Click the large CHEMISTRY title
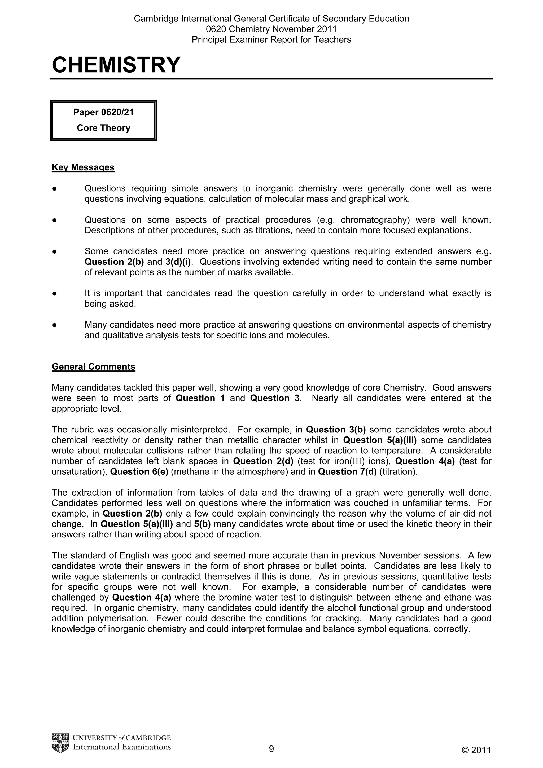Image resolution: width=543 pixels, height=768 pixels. [x=116, y=65]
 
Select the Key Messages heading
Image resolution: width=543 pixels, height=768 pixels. [x=83, y=167]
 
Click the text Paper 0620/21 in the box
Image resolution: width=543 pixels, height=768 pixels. [x=103, y=112]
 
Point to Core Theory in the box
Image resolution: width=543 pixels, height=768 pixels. [x=103, y=128]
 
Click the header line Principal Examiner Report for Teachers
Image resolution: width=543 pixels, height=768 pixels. [x=271, y=39]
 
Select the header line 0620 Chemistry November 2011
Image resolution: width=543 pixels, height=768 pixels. [x=271, y=29]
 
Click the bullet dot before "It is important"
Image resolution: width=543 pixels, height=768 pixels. [x=54, y=293]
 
